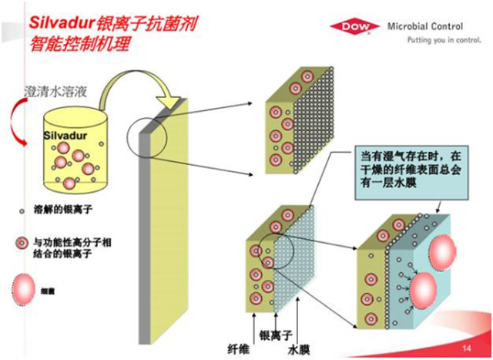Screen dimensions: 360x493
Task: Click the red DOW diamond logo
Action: pyautogui.click(x=351, y=28)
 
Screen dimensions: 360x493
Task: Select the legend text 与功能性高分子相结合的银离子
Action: pyautogui.click(x=69, y=248)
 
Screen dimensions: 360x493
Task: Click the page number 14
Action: pyautogui.click(x=466, y=349)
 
